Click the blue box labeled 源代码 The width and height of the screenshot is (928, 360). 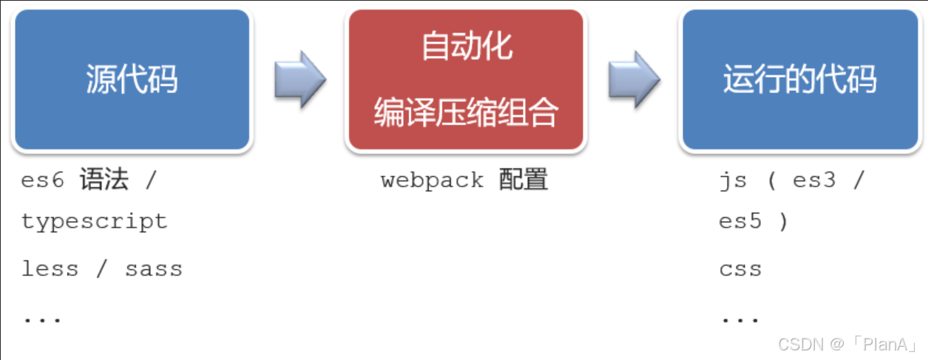[x=132, y=79]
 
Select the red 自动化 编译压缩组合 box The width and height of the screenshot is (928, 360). [x=466, y=81]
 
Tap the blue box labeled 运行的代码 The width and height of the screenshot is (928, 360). [x=799, y=79]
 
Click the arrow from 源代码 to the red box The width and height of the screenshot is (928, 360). [x=299, y=79]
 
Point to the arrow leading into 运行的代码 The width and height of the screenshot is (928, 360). [x=634, y=79]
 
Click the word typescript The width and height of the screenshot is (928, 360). [x=95, y=222]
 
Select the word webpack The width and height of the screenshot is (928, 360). [x=433, y=180]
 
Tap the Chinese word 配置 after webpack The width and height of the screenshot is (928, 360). [x=524, y=180]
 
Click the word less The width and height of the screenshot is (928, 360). [x=50, y=269]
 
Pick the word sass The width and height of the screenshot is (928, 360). [x=154, y=269]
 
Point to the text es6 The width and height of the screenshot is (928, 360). [x=43, y=180]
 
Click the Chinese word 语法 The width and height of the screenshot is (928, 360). [x=104, y=180]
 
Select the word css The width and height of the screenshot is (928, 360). [x=740, y=269]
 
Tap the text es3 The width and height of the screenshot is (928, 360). [x=814, y=180]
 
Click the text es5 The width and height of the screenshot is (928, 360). [x=740, y=222]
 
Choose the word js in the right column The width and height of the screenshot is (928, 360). [x=731, y=180]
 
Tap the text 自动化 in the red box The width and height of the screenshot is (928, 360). [x=467, y=47]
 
